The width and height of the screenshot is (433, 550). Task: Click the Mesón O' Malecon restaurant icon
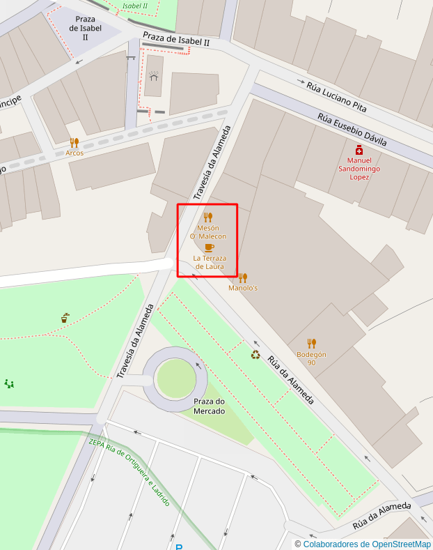(207, 217)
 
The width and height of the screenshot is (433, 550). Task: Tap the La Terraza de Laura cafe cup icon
(210, 247)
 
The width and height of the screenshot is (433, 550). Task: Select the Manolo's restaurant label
(243, 288)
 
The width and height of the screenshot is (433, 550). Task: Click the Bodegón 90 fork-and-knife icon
(311, 343)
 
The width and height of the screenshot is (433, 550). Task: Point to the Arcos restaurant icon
(74, 143)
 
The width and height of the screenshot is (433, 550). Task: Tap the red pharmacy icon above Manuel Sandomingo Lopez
(359, 150)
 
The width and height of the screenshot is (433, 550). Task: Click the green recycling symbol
(255, 355)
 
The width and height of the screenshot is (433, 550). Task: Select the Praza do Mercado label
(210, 406)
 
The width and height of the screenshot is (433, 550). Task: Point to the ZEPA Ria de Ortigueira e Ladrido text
(129, 472)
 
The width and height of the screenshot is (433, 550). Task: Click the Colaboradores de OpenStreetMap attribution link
(367, 544)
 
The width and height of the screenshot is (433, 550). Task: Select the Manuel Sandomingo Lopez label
(359, 168)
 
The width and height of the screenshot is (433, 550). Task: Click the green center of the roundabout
(175, 379)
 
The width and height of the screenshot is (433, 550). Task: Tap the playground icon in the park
(9, 383)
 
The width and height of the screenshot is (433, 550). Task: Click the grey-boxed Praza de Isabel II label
(86, 28)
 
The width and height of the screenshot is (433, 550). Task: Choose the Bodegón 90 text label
(311, 358)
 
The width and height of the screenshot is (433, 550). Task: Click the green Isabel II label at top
(134, 6)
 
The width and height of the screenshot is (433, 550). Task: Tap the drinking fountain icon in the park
(65, 318)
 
